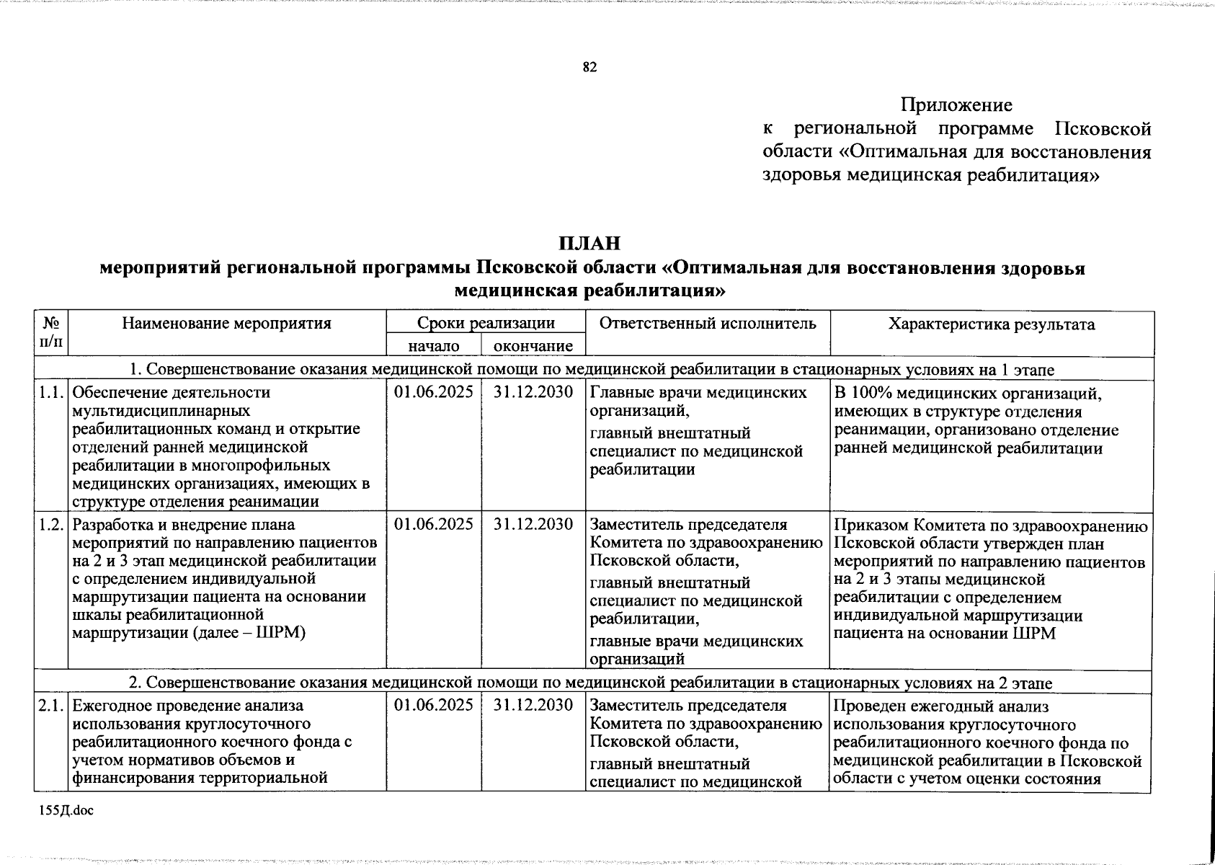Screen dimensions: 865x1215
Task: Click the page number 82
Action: (589, 68)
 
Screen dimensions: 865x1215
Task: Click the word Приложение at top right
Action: (956, 105)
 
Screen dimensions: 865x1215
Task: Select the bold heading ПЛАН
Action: (589, 244)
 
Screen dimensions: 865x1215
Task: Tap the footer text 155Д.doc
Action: (66, 811)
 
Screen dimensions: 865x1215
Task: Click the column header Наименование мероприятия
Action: (226, 324)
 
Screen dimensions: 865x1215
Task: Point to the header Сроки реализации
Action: (486, 323)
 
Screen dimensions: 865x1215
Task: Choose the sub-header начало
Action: (434, 347)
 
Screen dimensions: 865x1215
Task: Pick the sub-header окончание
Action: (533, 347)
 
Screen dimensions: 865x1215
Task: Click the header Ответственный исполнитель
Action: (707, 324)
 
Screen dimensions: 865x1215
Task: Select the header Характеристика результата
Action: (992, 324)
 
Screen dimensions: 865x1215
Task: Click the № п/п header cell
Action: (51, 332)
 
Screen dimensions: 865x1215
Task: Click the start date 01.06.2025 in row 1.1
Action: (434, 393)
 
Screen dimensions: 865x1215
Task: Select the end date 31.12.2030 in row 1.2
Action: (533, 525)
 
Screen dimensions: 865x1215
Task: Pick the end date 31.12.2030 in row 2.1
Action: (533, 705)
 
